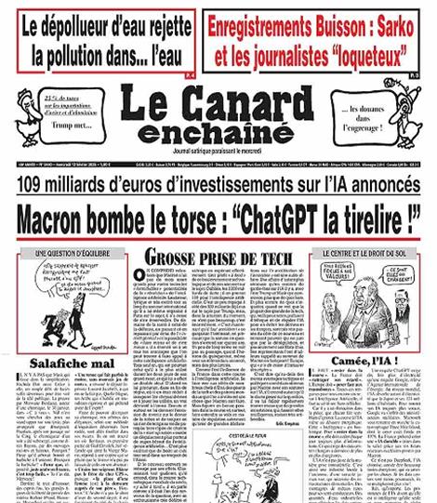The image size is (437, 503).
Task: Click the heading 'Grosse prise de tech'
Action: click(218, 258)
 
